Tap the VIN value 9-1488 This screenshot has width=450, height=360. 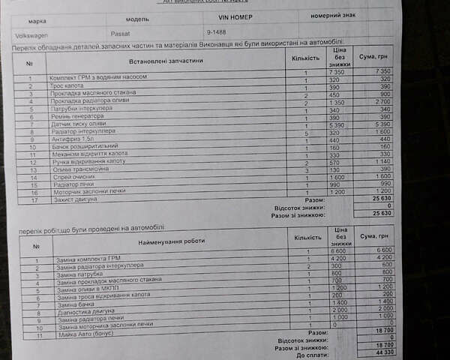click(219, 34)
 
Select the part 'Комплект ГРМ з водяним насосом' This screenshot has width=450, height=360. click(97, 77)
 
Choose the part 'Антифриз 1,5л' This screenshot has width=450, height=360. click(72, 139)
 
